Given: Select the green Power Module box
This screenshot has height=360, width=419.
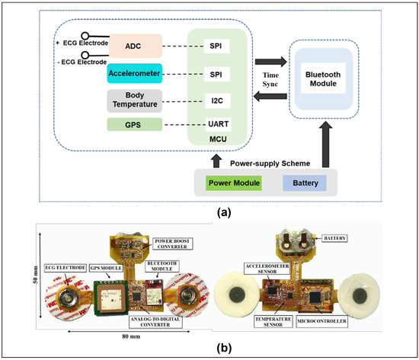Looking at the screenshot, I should (234, 183).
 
